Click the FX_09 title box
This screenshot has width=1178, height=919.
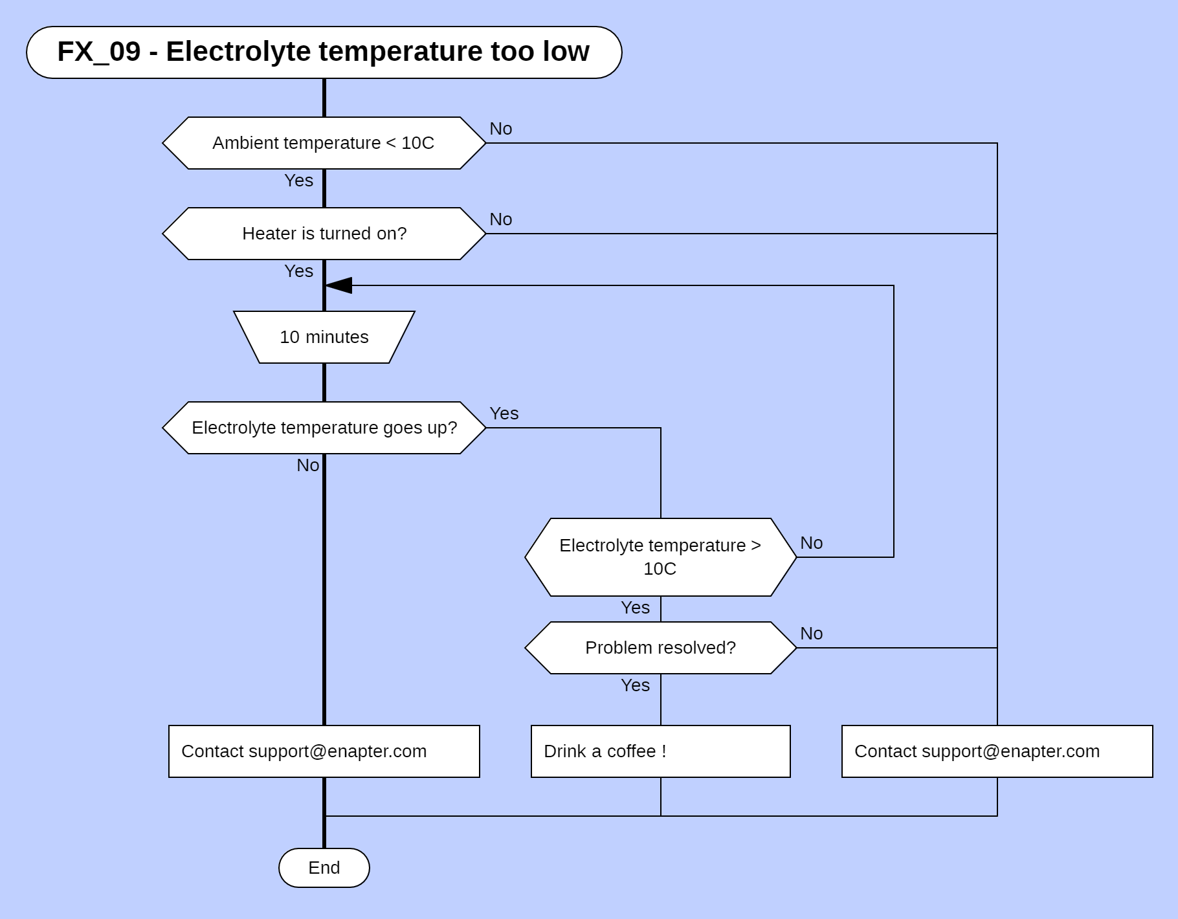(x=324, y=52)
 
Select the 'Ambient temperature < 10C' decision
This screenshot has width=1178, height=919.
(x=324, y=143)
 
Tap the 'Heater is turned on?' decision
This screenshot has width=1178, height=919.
(x=324, y=234)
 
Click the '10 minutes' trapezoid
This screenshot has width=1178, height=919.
(x=324, y=337)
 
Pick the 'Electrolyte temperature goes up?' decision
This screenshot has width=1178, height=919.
(x=324, y=428)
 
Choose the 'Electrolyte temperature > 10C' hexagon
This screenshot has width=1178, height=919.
(x=660, y=557)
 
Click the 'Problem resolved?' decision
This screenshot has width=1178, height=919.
(x=660, y=648)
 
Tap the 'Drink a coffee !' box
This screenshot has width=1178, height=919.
(x=660, y=751)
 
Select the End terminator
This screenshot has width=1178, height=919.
(x=324, y=868)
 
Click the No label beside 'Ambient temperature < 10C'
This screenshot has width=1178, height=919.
(x=500, y=129)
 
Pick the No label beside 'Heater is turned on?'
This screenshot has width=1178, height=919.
(x=500, y=219)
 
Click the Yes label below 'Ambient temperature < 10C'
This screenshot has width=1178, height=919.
(x=298, y=181)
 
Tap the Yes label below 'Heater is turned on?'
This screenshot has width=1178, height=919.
(x=298, y=271)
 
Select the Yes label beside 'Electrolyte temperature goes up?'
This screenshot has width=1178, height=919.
(x=504, y=414)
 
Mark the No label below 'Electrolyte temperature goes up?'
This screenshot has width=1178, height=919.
(x=307, y=465)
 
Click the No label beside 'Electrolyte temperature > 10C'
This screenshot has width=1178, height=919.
(x=811, y=543)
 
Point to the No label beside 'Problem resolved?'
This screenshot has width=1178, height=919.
(x=811, y=634)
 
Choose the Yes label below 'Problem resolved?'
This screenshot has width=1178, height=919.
(x=635, y=685)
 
